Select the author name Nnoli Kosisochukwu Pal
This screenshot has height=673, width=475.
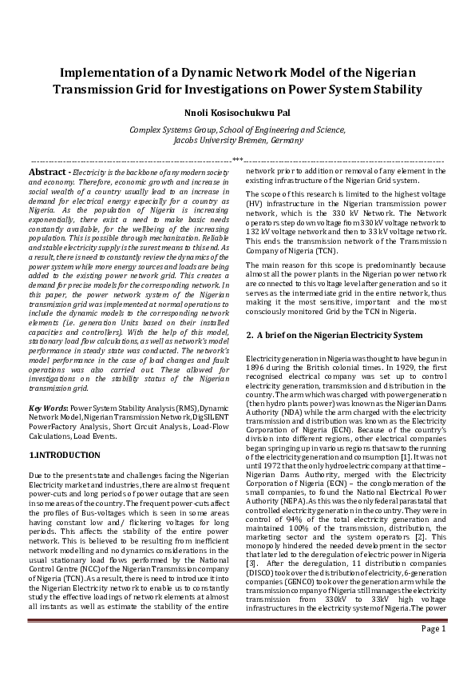click(237, 113)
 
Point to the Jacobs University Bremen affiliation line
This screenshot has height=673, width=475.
click(237, 139)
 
